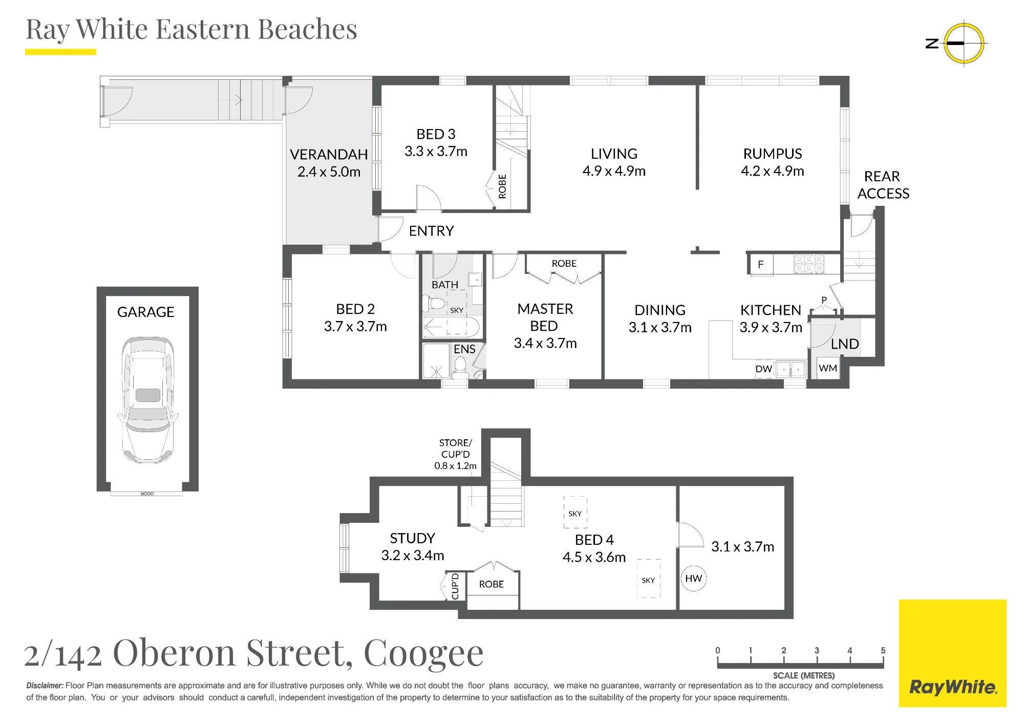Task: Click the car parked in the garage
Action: pos(147,400)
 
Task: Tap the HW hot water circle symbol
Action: pos(693,579)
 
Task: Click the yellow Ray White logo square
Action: pos(952,653)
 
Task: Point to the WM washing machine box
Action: pos(828,368)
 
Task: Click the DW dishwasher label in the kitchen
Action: pos(763,369)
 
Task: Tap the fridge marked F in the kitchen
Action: pos(761,265)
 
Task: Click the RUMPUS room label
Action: pos(773,154)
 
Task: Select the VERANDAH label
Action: pos(329,155)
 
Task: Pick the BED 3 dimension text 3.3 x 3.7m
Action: pos(436,152)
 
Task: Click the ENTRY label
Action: pos(431,231)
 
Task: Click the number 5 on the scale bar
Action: pos(883,650)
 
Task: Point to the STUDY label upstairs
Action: pos(412,538)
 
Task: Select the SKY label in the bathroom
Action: pos(457,310)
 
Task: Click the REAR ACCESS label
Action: pos(883,185)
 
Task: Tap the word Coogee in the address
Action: pos(423,653)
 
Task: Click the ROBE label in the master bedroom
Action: pos(564,264)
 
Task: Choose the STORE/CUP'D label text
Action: pos(455,449)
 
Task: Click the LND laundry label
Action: pos(845,344)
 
